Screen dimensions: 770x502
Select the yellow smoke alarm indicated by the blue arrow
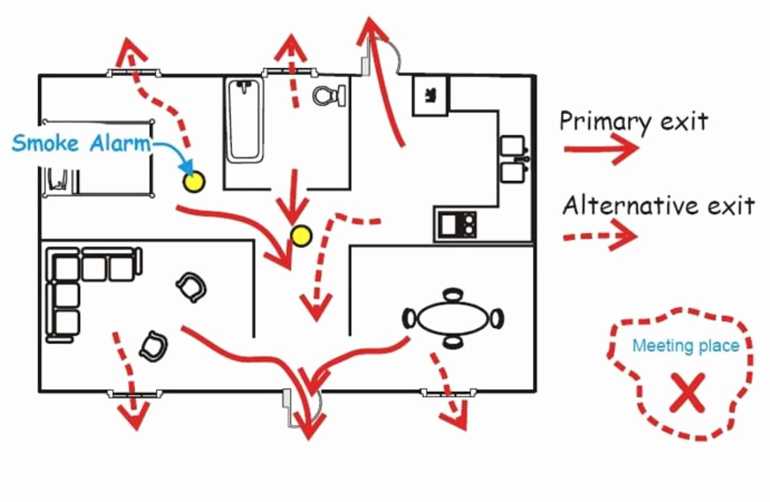tap(194, 182)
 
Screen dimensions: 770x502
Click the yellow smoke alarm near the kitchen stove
tap(301, 236)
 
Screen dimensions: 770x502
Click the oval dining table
tap(453, 318)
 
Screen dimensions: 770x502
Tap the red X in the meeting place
tap(688, 393)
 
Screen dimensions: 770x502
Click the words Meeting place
tap(686, 345)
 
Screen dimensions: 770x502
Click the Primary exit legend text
tap(633, 122)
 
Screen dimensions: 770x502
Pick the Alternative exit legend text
tap(658, 206)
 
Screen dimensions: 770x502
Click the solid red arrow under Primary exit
tap(601, 149)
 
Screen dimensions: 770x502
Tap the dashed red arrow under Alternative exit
tap(600, 236)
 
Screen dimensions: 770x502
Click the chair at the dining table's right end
tap(497, 318)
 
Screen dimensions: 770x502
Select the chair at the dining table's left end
tap(409, 318)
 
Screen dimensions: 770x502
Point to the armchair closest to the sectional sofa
tap(191, 287)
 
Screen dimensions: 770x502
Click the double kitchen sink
tap(514, 159)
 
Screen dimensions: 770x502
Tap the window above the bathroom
tap(290, 73)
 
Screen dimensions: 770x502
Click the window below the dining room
tap(449, 392)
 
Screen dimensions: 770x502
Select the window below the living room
tap(135, 393)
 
